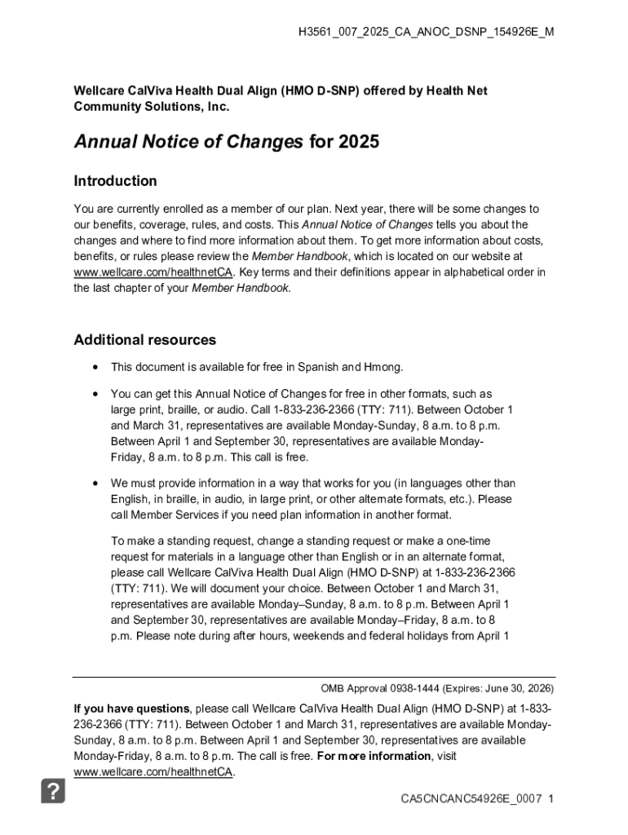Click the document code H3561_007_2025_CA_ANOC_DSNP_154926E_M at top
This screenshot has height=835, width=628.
point(427,33)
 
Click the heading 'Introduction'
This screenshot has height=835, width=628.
point(115,181)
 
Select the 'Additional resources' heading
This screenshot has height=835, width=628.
point(144,340)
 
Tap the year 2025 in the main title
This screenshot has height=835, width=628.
point(356,142)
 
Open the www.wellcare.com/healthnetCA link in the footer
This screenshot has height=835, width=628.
point(153,771)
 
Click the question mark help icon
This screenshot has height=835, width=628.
point(53,791)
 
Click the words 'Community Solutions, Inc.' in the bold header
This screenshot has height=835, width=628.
point(152,107)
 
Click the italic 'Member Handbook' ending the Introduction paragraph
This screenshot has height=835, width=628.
point(241,288)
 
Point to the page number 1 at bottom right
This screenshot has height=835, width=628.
point(552,799)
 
